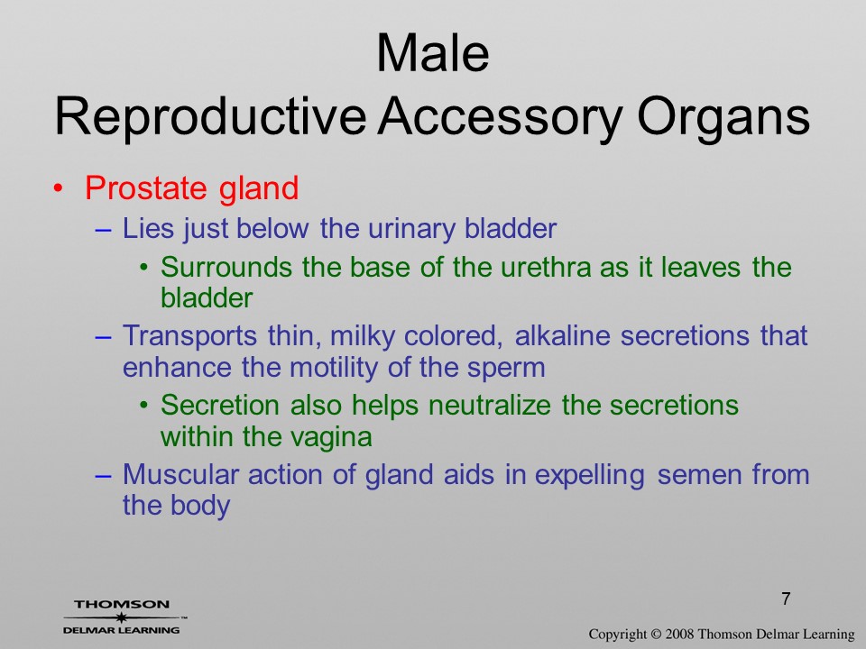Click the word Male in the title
[432, 53]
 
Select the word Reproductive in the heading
[210, 117]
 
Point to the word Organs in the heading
[723, 117]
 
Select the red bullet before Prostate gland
[58, 188]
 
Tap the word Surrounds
[226, 267]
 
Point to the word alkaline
[562, 335]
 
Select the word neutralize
[489, 405]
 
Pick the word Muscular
[180, 475]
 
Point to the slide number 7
[786, 599]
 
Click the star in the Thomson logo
[121, 617]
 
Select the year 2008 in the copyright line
[677, 634]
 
